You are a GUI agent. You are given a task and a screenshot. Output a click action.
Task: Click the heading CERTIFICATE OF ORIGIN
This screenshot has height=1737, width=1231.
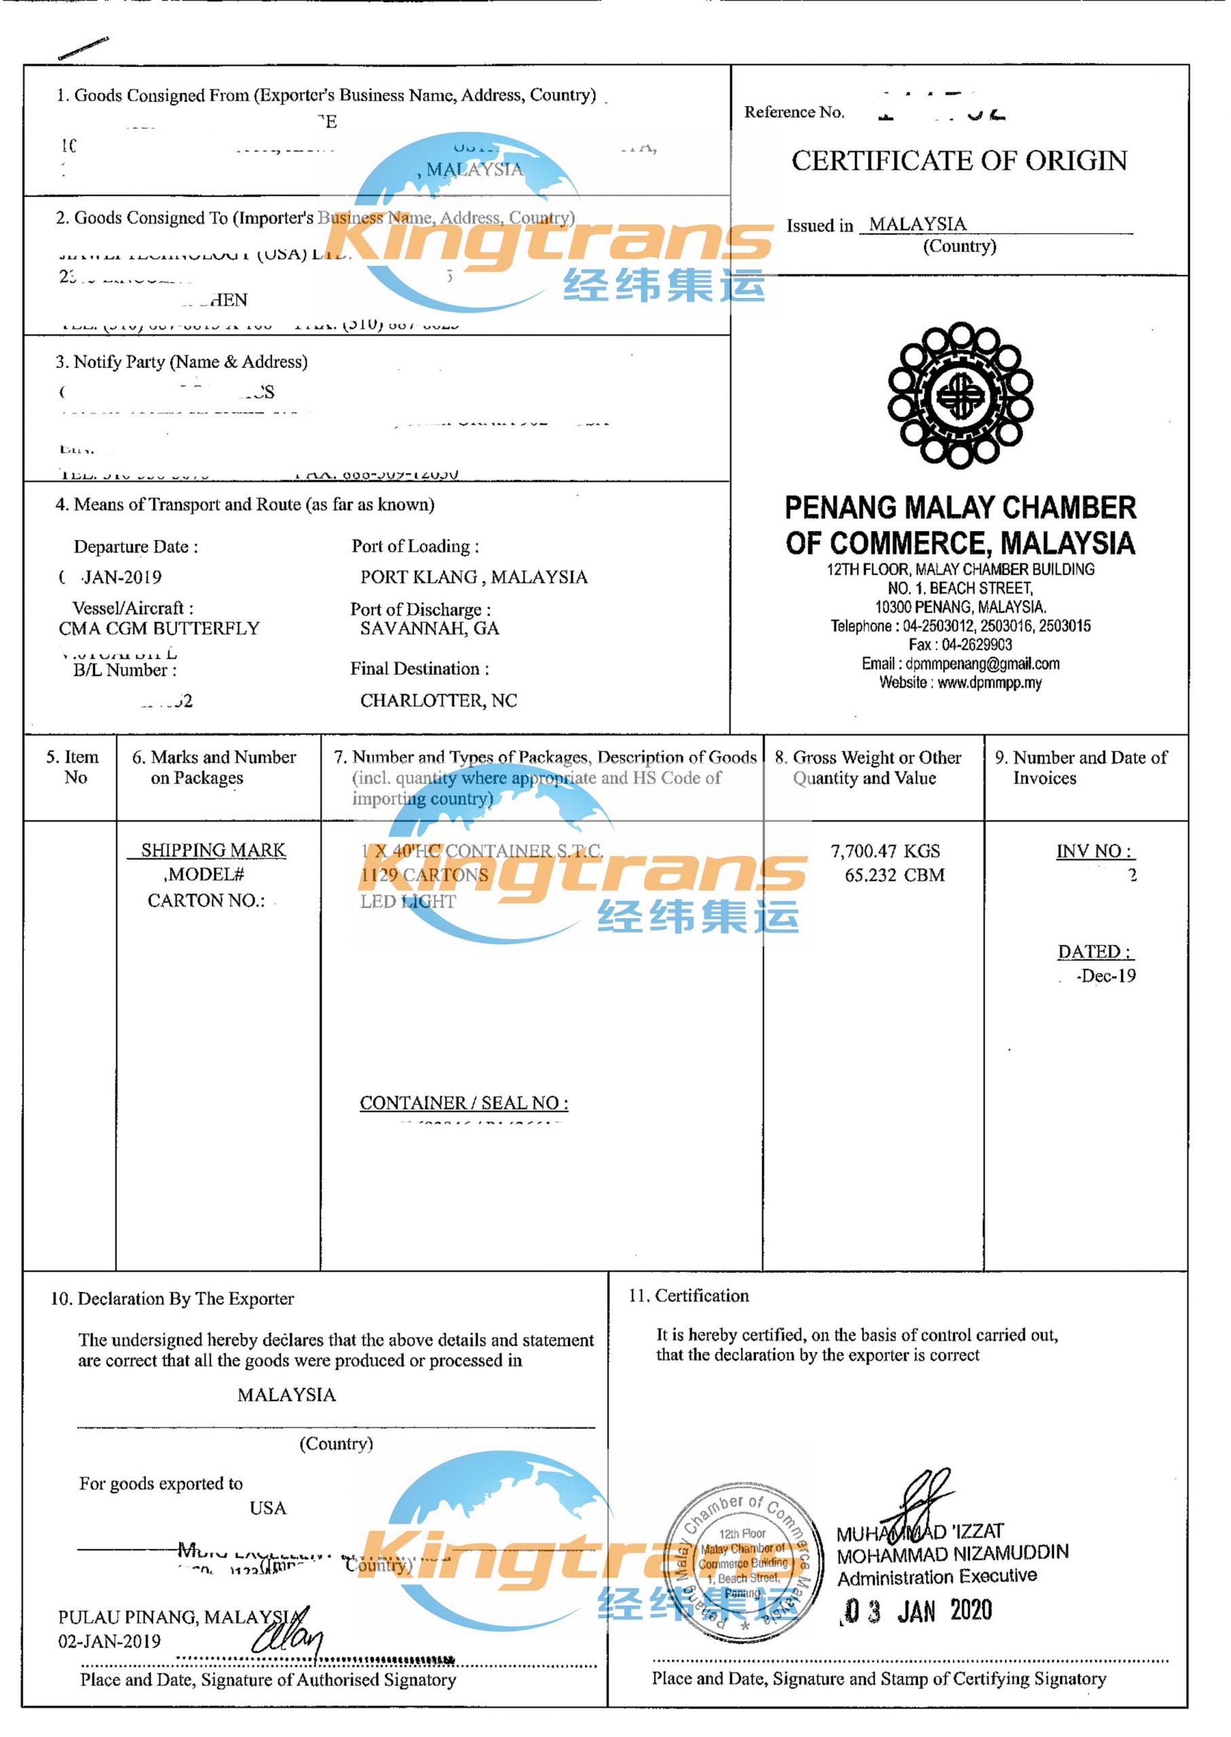pos(959,161)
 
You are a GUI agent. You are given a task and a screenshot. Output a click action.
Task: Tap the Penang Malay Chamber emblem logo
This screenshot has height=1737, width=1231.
pos(960,395)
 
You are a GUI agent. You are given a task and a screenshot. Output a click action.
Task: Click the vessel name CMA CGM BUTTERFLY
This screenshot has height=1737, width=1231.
pos(159,628)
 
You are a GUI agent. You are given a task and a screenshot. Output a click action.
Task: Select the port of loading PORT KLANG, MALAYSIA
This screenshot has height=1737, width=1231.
pos(474,577)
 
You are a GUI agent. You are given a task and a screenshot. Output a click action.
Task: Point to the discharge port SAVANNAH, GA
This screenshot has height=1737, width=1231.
pos(429,628)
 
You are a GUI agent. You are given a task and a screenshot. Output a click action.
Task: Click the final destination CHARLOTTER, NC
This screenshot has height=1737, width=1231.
pos(438,700)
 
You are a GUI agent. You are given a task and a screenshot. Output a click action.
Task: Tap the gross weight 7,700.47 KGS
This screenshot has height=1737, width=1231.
pos(885,851)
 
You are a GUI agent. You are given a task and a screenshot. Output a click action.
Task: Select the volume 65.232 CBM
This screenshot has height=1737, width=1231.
pos(894,875)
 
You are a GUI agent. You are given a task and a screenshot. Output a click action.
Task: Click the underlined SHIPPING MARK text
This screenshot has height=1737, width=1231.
pos(213,850)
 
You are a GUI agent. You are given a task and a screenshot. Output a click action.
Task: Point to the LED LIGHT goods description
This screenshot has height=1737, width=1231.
pos(408,902)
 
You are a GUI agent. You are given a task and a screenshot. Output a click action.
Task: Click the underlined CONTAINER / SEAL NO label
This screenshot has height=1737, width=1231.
pos(464,1103)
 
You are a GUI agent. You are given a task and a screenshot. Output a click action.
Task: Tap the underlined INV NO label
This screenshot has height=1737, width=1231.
pos(1095,851)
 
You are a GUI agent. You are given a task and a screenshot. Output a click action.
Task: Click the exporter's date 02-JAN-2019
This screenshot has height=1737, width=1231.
pos(110,1641)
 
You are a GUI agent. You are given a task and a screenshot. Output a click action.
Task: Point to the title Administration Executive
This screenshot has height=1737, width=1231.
pos(937,1577)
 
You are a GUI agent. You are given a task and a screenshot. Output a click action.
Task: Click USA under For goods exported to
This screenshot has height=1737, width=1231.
pos(268,1508)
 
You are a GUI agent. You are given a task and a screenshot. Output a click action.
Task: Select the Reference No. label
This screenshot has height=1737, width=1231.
pos(793,113)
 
